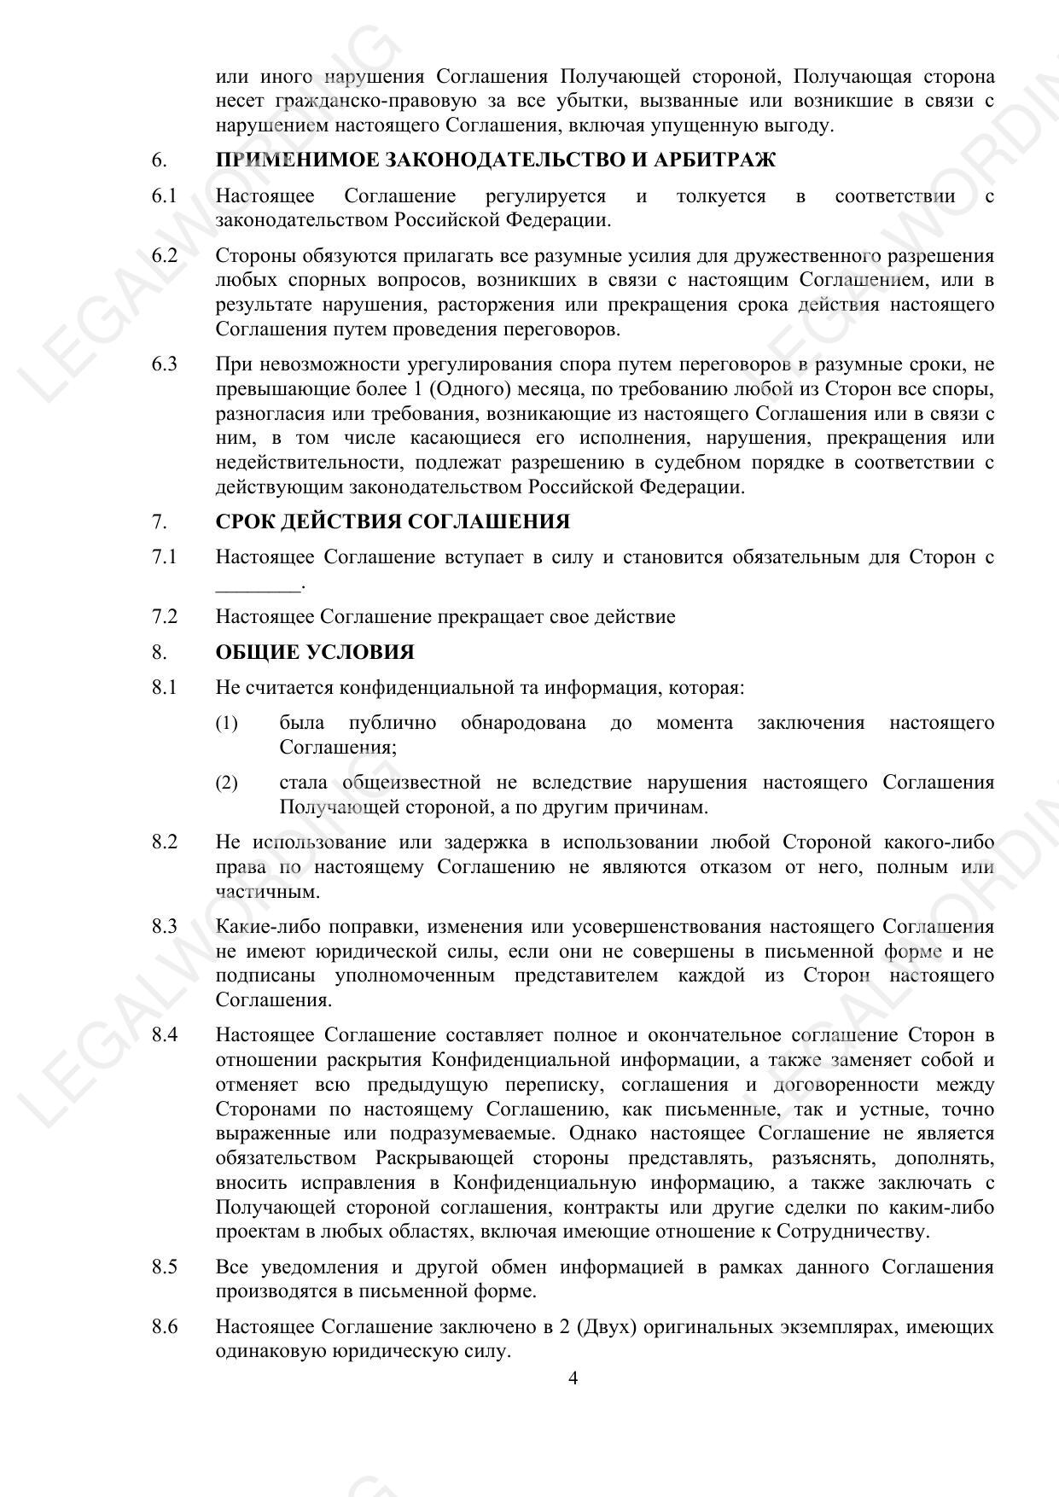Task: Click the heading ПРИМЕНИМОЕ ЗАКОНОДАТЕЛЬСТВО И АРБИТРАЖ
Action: pyautogui.click(x=496, y=160)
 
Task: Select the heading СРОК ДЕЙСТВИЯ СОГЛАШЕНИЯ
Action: pyautogui.click(x=393, y=521)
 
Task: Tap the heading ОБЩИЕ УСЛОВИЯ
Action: pyautogui.click(x=315, y=652)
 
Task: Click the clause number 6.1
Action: pyautogui.click(x=164, y=196)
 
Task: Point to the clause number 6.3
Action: pyautogui.click(x=165, y=364)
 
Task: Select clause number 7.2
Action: pyautogui.click(x=165, y=616)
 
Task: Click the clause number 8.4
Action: pyautogui.click(x=165, y=1035)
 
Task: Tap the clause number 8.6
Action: pyautogui.click(x=165, y=1327)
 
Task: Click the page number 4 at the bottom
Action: pyautogui.click(x=573, y=1378)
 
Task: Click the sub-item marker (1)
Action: pyautogui.click(x=226, y=724)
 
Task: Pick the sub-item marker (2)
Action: pyautogui.click(x=226, y=783)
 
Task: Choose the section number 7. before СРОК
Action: pyautogui.click(x=158, y=521)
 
